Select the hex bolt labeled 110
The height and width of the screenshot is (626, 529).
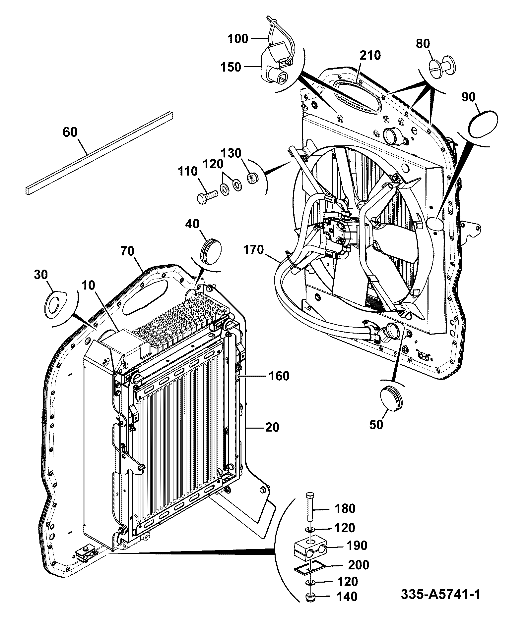pyautogui.click(x=207, y=197)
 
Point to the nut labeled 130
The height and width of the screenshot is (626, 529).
pyautogui.click(x=252, y=179)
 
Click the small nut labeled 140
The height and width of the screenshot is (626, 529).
pyautogui.click(x=311, y=597)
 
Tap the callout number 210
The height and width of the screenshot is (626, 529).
pyautogui.click(x=370, y=55)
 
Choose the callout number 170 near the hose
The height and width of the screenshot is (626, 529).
pyautogui.click(x=253, y=249)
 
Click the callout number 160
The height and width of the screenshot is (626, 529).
pyautogui.click(x=279, y=376)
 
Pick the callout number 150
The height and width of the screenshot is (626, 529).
pyautogui.click(x=231, y=67)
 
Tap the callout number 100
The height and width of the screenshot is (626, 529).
pyautogui.click(x=238, y=39)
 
